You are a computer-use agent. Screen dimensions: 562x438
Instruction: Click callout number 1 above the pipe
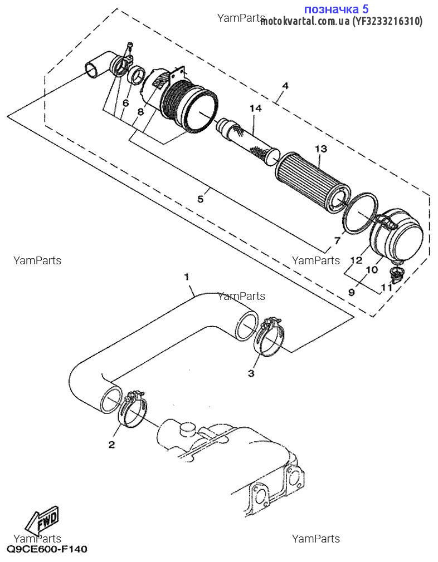[187, 277]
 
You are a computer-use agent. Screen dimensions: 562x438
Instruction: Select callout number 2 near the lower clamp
[111, 444]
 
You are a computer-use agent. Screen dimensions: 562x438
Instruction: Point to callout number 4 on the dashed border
[285, 86]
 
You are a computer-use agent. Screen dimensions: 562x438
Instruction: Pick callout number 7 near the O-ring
[337, 240]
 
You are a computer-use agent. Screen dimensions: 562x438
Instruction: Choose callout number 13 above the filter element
[320, 149]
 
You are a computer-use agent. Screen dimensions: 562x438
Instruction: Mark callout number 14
[255, 108]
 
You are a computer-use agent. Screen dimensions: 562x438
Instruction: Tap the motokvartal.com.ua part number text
[341, 21]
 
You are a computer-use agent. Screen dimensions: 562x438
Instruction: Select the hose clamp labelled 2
[134, 409]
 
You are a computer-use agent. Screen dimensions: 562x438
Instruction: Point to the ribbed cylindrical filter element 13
[312, 181]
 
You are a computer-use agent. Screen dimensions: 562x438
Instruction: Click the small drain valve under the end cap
[396, 273]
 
